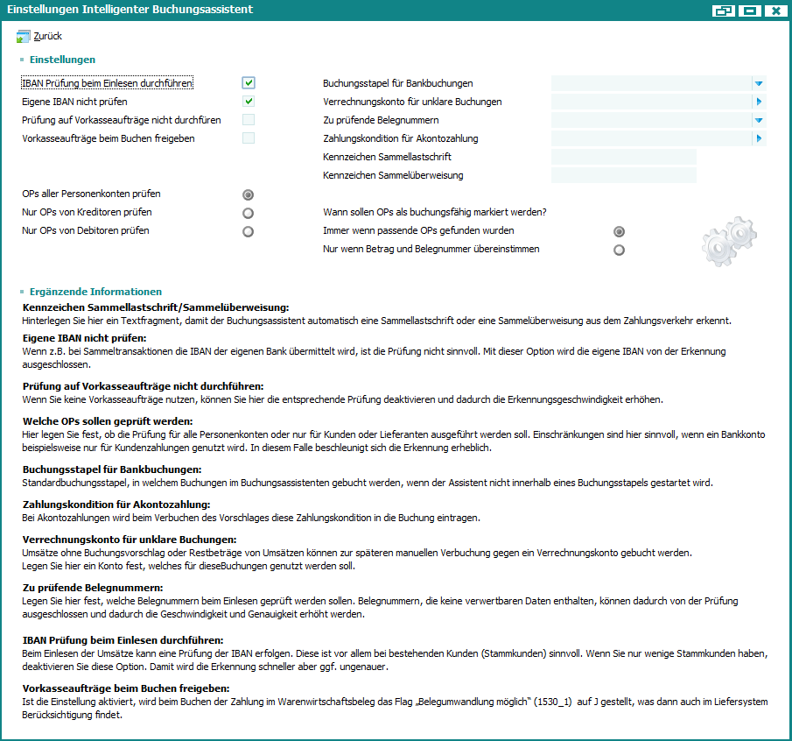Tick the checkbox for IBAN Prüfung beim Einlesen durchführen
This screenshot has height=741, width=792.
tap(249, 83)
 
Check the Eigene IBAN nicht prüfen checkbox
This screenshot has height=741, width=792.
tap(249, 102)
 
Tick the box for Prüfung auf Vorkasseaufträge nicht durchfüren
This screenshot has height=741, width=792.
tap(249, 120)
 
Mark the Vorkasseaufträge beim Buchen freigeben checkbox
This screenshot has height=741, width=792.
tap(249, 138)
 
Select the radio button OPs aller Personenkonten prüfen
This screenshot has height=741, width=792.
tap(249, 194)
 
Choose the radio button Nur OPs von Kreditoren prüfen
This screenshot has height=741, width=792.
tap(249, 213)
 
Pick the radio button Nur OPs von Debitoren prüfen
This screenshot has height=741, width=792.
tap(249, 231)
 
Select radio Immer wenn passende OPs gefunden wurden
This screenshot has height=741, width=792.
tap(620, 231)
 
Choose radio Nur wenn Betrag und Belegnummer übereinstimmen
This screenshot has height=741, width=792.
tap(620, 250)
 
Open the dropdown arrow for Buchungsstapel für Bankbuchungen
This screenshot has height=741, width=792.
tap(759, 83)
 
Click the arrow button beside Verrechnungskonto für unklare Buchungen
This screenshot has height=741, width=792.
tap(759, 102)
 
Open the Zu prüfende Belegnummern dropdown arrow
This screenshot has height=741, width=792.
tap(759, 120)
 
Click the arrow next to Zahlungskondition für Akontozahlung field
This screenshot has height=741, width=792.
tap(759, 138)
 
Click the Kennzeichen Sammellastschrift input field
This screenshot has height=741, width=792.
tap(623, 157)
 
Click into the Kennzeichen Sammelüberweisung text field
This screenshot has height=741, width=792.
tap(623, 175)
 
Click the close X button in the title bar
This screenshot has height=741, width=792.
tap(774, 11)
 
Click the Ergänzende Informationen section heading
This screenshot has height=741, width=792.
tap(95, 292)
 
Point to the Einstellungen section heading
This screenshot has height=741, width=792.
tap(62, 60)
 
